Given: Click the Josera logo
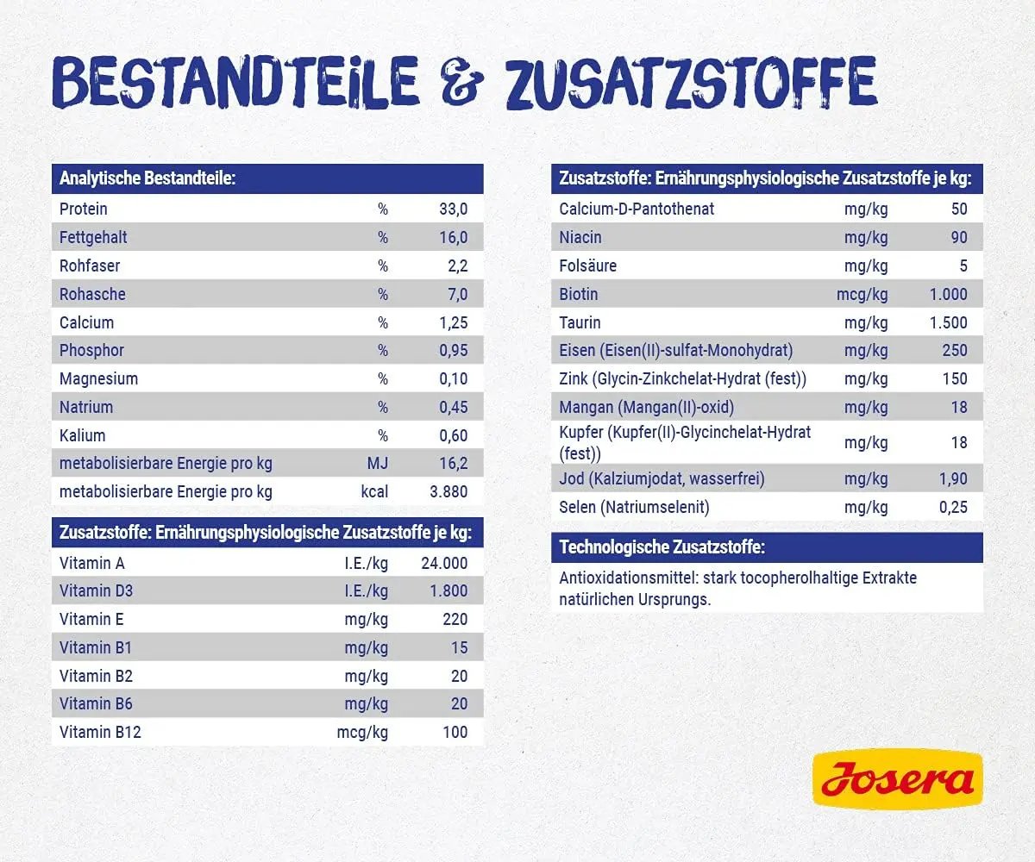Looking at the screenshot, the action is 898,778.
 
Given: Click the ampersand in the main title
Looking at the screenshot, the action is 461,82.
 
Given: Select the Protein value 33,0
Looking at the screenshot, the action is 453,209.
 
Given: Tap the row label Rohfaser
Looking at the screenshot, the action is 90,266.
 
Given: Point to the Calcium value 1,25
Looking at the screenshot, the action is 453,323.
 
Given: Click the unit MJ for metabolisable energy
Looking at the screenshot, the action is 377,464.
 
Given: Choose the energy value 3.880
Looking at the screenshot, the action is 448,492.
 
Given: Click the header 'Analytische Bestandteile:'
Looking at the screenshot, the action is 147,178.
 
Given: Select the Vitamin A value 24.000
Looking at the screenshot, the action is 444,563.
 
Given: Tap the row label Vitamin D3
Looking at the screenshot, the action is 96,591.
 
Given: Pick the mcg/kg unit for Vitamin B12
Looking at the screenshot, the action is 362,733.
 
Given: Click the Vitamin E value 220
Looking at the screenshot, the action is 455,619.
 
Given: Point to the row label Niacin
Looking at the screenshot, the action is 580,238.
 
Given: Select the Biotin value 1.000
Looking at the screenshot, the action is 948,294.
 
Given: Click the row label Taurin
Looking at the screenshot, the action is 580,323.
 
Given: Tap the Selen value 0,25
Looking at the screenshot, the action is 953,508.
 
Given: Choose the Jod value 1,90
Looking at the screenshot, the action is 953,479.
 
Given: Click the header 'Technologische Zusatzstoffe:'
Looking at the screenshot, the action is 662,547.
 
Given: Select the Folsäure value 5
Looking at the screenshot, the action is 963,266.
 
